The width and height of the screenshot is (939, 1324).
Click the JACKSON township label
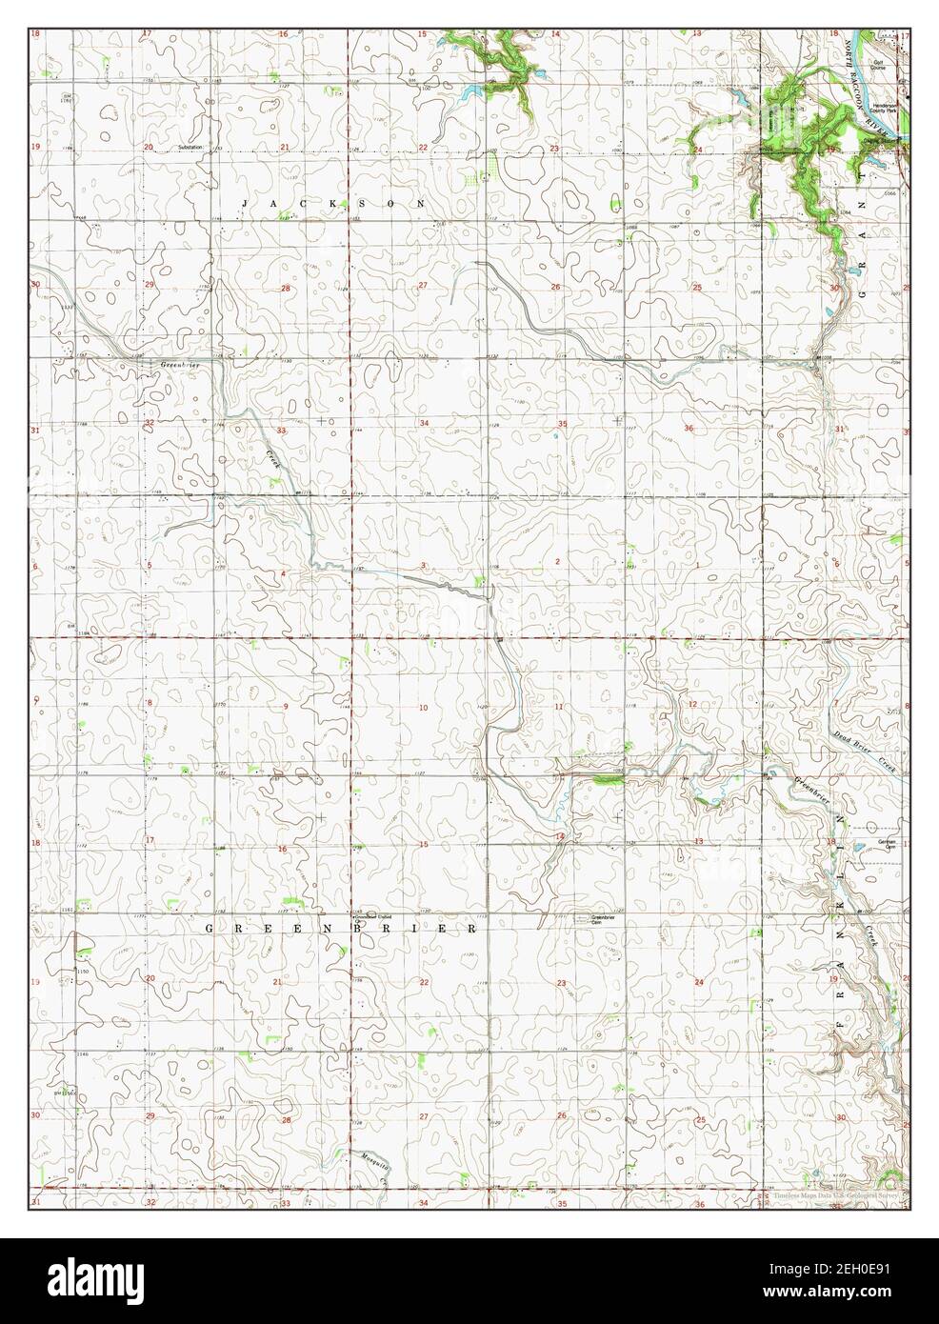pyautogui.click(x=333, y=204)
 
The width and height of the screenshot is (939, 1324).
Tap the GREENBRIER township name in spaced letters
pyautogui.click(x=341, y=927)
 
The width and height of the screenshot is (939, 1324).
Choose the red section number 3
pyautogui.click(x=422, y=565)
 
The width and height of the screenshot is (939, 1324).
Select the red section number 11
pyautogui.click(x=560, y=706)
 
